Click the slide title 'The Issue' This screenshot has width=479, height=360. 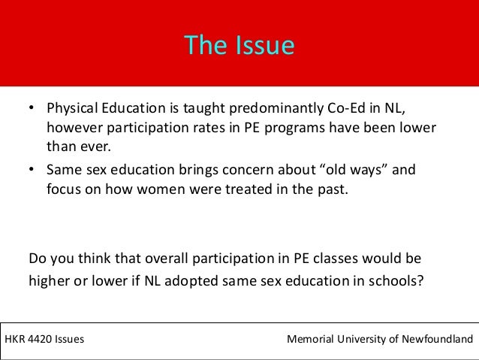(x=239, y=46)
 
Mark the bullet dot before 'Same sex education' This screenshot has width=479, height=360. (x=32, y=170)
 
